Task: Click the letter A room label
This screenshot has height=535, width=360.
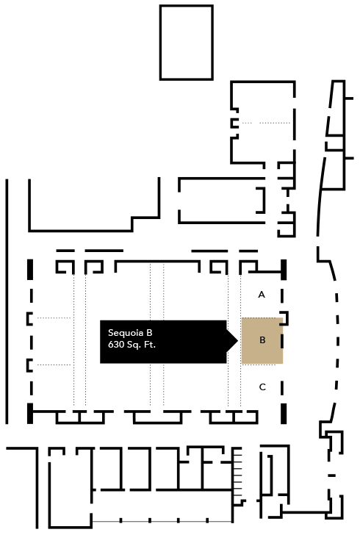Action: click(262, 295)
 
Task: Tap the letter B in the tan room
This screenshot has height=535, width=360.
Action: click(262, 340)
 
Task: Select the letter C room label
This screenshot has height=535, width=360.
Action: click(262, 387)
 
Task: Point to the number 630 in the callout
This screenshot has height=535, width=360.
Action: click(116, 345)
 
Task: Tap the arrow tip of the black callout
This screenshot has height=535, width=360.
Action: click(237, 340)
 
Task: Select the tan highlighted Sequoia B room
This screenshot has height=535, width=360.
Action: click(262, 340)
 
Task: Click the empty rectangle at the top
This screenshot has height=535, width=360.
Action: click(187, 43)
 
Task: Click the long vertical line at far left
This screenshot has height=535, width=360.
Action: click(7, 301)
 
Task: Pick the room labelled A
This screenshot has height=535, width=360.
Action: click(262, 295)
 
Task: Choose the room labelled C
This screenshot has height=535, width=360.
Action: click(262, 387)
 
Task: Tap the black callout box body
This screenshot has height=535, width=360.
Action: click(163, 342)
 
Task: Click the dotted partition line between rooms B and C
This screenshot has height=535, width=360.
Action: click(259, 365)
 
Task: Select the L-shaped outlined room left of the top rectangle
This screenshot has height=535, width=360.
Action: click(94, 205)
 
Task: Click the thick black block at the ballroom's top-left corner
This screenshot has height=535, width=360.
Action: click(30, 270)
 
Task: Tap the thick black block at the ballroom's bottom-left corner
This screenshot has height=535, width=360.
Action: click(30, 414)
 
